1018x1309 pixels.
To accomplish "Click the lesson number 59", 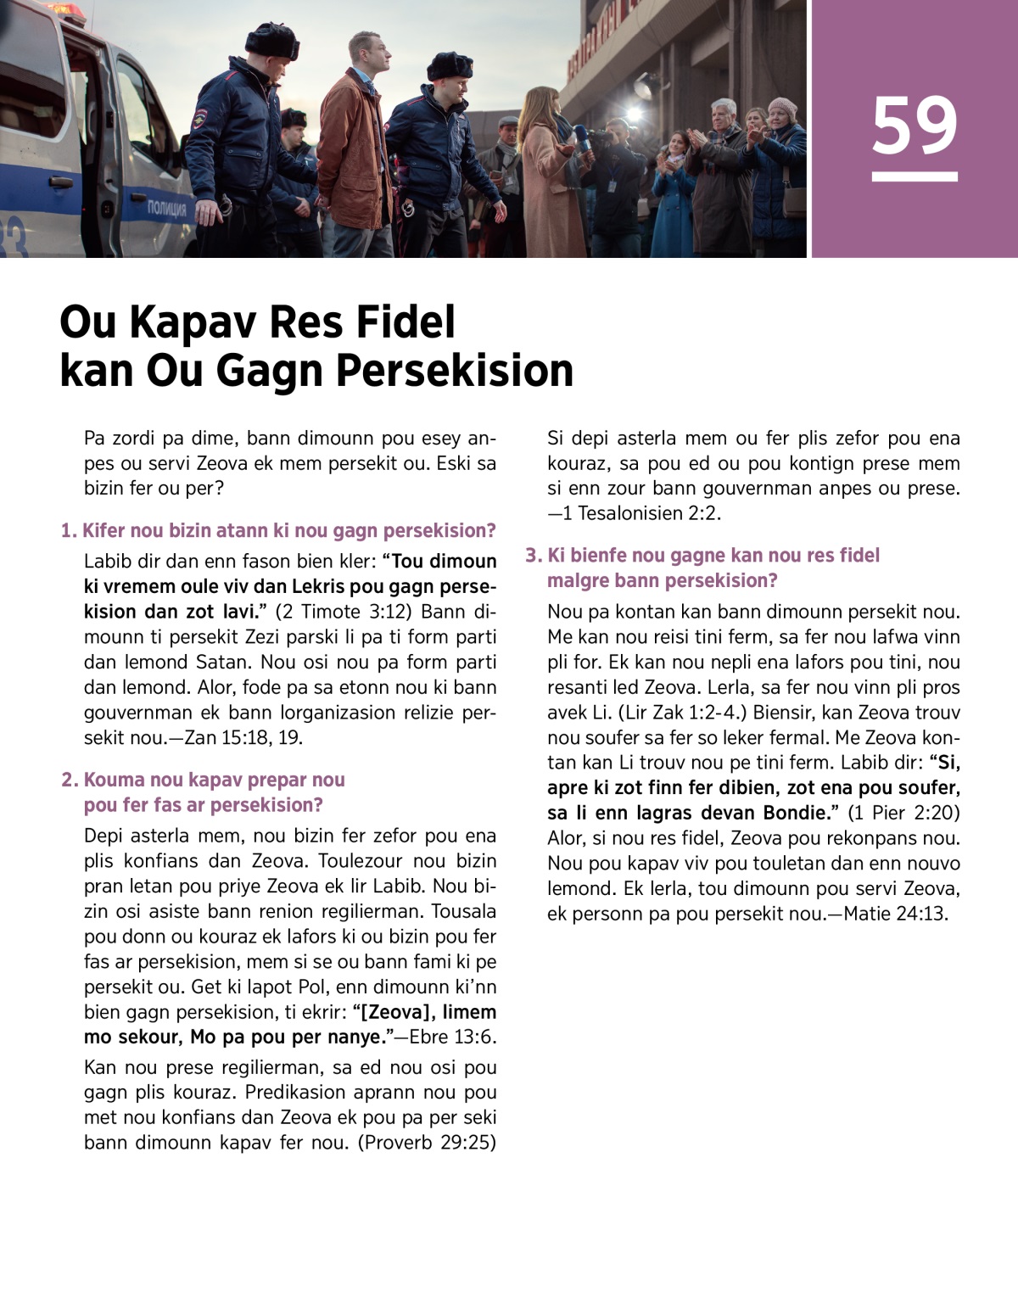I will tap(915, 126).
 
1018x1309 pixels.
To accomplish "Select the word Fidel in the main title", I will tap(405, 322).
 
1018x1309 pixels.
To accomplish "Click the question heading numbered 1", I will tap(278, 531).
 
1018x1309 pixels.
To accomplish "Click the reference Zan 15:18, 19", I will tap(243, 737).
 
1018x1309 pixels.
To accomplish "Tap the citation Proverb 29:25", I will tap(427, 1142).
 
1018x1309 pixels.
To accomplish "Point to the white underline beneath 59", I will tap(915, 177).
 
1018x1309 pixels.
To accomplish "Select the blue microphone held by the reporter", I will tap(583, 137).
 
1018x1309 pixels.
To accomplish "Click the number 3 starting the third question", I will tap(533, 556).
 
